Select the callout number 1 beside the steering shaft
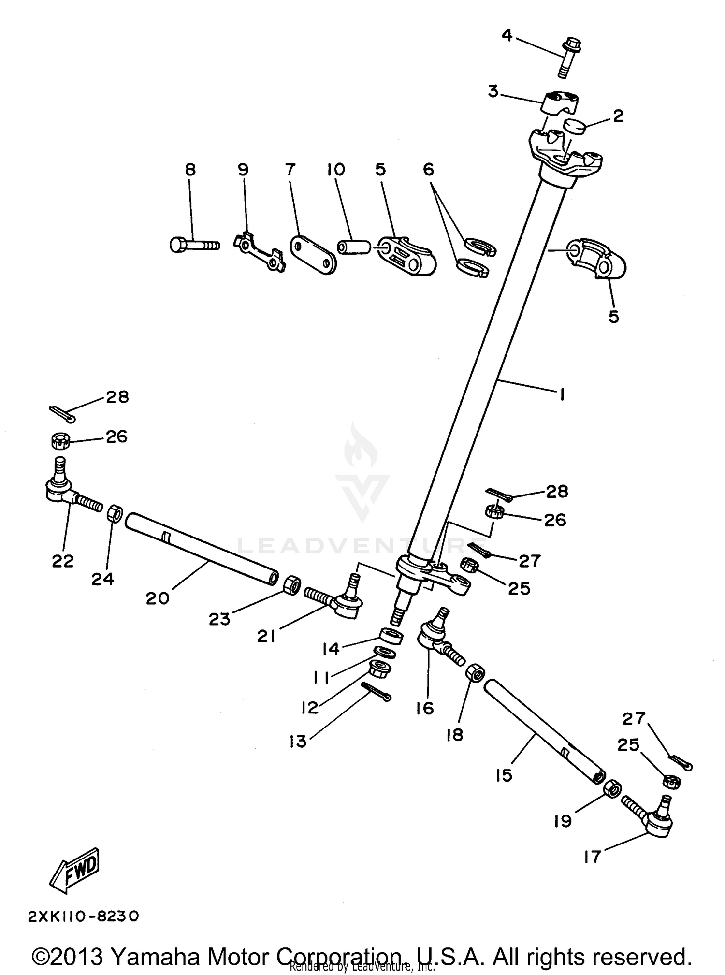coord(562,395)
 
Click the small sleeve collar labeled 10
coord(353,247)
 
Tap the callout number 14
coord(331,649)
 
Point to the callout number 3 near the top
coord(493,91)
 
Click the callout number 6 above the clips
coord(428,170)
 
